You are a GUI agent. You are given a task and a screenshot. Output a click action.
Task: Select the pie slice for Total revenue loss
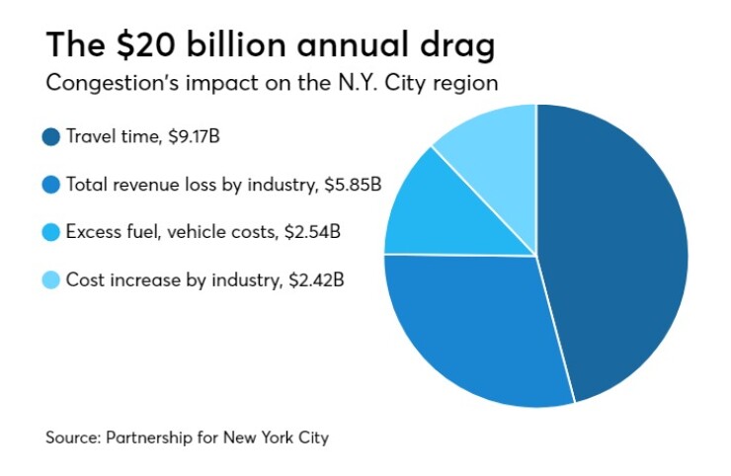tap(474, 326)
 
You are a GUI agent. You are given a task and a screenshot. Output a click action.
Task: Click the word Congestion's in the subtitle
tap(100, 83)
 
